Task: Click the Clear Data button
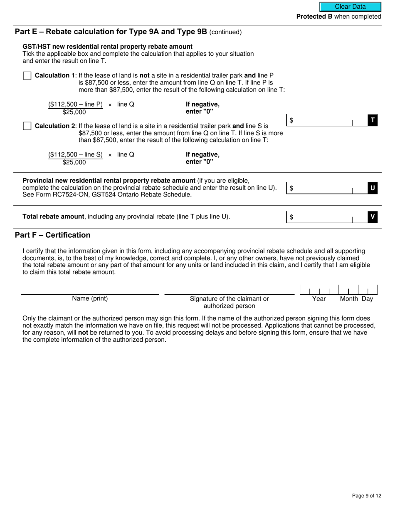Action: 350,7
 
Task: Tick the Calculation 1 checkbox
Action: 27,76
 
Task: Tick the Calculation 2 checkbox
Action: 27,126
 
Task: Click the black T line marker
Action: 373,120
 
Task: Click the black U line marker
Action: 373,188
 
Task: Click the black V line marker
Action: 373,217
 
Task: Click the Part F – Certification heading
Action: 52,235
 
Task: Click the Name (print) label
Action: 90,298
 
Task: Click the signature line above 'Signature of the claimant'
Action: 229,292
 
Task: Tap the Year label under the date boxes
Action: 319,299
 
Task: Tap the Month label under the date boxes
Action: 349,299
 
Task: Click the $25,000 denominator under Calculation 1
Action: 74,112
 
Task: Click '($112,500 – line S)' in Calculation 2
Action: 75,155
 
